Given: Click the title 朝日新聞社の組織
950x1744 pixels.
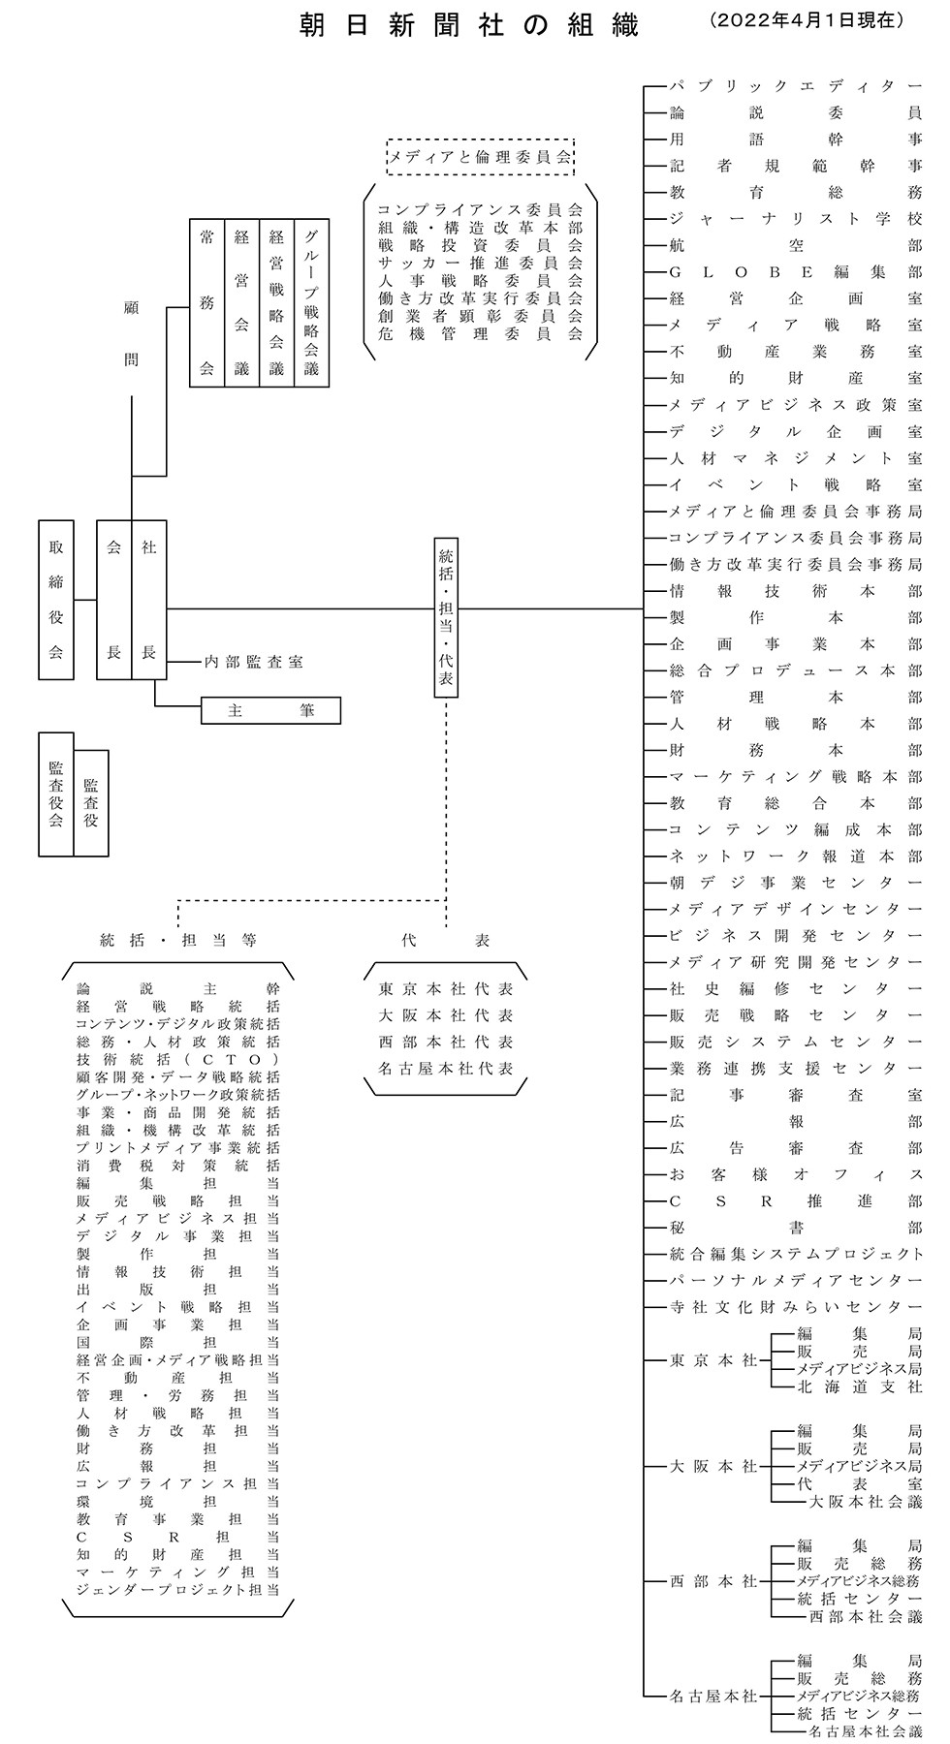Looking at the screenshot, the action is click(x=469, y=25).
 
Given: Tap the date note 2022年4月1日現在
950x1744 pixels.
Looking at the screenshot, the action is click(x=807, y=19).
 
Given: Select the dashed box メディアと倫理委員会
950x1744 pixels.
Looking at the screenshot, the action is click(x=480, y=156).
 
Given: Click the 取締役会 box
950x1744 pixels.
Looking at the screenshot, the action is click(x=56, y=600).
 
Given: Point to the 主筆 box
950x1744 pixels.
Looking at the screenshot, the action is click(x=271, y=710).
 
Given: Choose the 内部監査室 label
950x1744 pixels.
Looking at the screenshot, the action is click(x=253, y=662).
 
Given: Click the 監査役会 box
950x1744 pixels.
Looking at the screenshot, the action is click(x=56, y=794).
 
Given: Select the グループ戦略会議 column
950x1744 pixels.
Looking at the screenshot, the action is click(x=311, y=303).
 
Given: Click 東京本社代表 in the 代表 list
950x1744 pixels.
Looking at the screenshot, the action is click(x=446, y=989).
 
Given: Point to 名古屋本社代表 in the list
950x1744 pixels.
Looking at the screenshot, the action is click(x=446, y=1069).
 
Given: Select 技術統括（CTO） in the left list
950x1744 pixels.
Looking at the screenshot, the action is click(x=178, y=1059).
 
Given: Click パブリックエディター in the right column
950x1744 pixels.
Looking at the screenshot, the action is click(x=796, y=86).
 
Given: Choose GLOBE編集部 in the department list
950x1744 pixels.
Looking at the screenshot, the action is click(x=796, y=272).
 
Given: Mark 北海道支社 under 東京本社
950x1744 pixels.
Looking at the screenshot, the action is click(x=860, y=1386).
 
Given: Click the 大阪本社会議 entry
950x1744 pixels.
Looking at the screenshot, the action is click(x=866, y=1502).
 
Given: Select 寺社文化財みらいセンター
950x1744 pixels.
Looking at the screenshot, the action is click(x=796, y=1307).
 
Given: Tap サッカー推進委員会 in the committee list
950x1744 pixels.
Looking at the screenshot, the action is click(x=480, y=263).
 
